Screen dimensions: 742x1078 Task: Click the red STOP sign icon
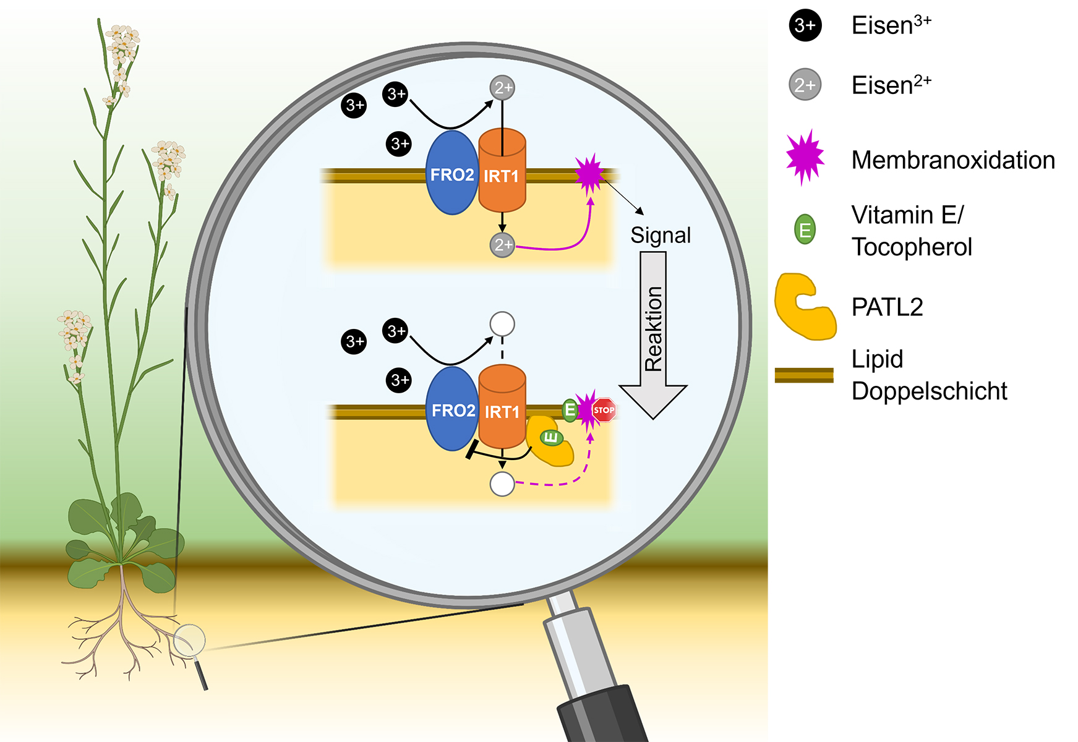click(604, 410)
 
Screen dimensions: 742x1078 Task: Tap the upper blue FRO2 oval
click(452, 173)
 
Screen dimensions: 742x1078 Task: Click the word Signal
click(661, 236)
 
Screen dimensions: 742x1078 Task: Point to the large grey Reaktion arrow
click(653, 334)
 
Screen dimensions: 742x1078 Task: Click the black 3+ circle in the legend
click(805, 26)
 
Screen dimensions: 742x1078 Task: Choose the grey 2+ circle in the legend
click(805, 85)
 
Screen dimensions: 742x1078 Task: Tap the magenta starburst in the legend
click(805, 158)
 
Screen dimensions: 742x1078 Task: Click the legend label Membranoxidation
click(952, 160)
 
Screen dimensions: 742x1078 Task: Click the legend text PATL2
click(887, 307)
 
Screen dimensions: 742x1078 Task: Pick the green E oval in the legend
click(805, 229)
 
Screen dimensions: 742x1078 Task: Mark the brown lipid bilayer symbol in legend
click(804, 375)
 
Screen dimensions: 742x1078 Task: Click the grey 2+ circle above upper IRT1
click(502, 88)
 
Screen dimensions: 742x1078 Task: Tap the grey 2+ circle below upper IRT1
click(502, 245)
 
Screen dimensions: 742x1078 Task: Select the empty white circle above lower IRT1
click(502, 323)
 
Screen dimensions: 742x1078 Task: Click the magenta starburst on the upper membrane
click(589, 174)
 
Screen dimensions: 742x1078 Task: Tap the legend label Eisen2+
click(891, 85)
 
